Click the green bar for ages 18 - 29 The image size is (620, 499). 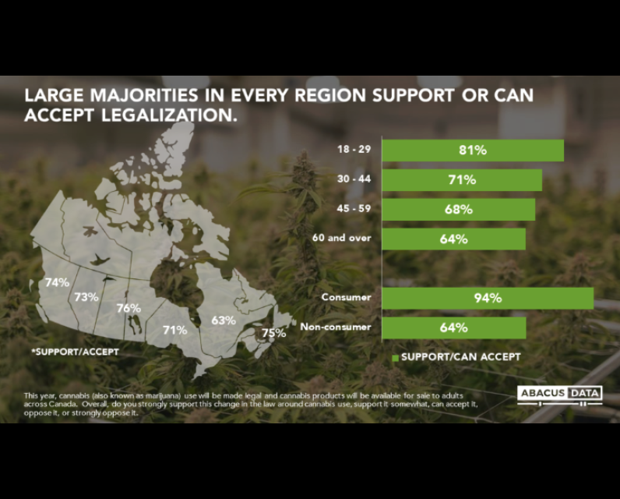click(x=473, y=150)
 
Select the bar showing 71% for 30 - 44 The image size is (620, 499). click(x=462, y=180)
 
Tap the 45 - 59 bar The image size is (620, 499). click(x=459, y=209)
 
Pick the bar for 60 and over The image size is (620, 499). click(x=454, y=239)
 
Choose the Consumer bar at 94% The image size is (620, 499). click(x=488, y=298)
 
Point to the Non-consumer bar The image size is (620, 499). click(x=454, y=327)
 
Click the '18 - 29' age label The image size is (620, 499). click(x=354, y=149)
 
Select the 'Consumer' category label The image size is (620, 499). click(x=346, y=297)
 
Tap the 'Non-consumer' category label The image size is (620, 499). click(x=335, y=327)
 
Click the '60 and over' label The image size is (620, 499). click(x=342, y=238)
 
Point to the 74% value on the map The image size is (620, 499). click(x=58, y=282)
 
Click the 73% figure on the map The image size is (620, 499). click(x=86, y=297)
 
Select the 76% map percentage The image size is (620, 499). click(x=129, y=308)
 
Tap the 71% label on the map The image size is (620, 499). click(x=175, y=330)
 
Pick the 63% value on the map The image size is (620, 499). click(x=224, y=320)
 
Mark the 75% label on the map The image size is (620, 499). click(x=273, y=333)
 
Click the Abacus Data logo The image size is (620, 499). click(x=560, y=395)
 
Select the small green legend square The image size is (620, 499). click(x=395, y=358)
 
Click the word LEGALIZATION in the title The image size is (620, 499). click(x=169, y=115)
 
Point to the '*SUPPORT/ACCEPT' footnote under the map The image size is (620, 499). click(x=75, y=352)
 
